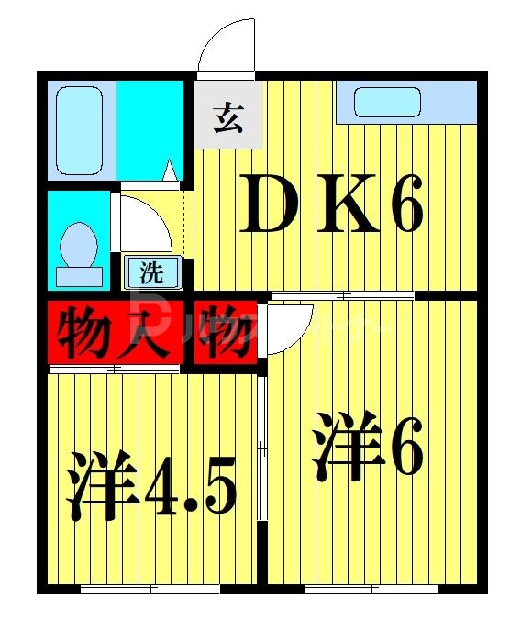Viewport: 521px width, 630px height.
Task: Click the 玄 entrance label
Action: pyautogui.click(x=227, y=117)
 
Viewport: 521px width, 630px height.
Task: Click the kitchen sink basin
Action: pyautogui.click(x=387, y=102)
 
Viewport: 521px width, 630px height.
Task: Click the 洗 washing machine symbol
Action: pyautogui.click(x=150, y=271)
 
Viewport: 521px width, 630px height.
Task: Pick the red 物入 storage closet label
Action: pyautogui.click(x=113, y=333)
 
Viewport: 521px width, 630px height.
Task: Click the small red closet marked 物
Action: pyautogui.click(x=221, y=333)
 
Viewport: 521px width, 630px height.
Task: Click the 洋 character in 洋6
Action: pyautogui.click(x=347, y=447)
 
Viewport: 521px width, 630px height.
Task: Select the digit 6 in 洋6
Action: pyautogui.click(x=404, y=447)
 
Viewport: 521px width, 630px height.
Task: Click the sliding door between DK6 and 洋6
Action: pyautogui.click(x=343, y=295)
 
